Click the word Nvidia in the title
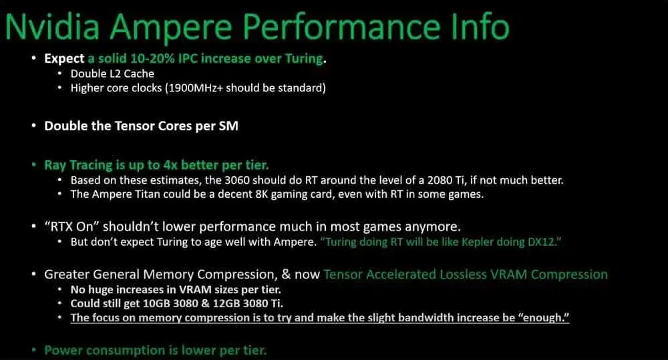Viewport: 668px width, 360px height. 52,27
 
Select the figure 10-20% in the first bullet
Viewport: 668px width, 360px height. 152,58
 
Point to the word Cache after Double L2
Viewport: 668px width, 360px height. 139,73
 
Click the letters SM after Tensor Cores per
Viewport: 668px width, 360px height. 228,126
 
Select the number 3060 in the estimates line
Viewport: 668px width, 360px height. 237,180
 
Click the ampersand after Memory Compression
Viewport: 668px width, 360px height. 287,275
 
